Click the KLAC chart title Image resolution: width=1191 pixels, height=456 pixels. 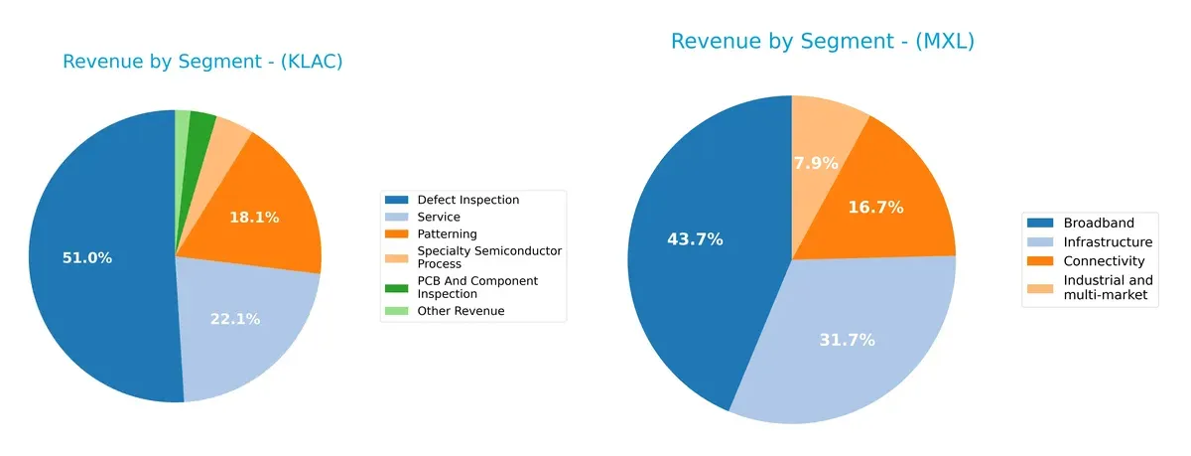[202, 62]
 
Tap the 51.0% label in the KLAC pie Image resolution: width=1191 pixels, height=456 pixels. [87, 258]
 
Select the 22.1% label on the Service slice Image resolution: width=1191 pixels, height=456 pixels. [235, 319]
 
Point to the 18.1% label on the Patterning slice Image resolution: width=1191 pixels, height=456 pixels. [254, 217]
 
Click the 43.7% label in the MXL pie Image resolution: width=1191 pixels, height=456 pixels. [695, 239]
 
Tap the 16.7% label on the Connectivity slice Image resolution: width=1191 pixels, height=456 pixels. [876, 208]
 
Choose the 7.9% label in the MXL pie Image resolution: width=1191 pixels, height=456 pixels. [816, 163]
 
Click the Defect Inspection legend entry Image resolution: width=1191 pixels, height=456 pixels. [467, 200]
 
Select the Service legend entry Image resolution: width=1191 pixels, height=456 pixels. [439, 217]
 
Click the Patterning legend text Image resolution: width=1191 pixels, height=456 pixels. [447, 233]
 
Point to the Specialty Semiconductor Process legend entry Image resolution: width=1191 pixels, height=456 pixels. [488, 257]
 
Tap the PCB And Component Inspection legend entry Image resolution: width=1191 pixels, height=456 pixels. [477, 287]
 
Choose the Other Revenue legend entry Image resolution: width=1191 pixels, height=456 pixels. [461, 311]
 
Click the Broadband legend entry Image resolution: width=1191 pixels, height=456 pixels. [1098, 223]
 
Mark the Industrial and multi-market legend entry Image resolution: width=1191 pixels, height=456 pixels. [1108, 288]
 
